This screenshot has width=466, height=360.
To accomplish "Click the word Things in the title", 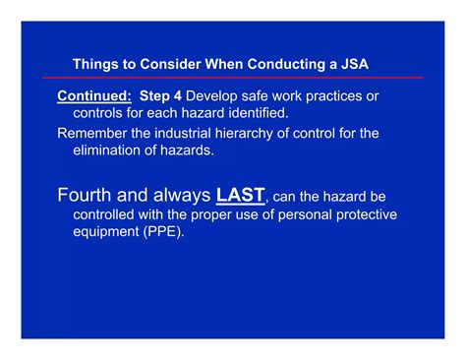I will click(94, 64).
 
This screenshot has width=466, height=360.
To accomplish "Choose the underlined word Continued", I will click(94, 95).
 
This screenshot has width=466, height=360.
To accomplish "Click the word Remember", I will click(95, 133).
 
